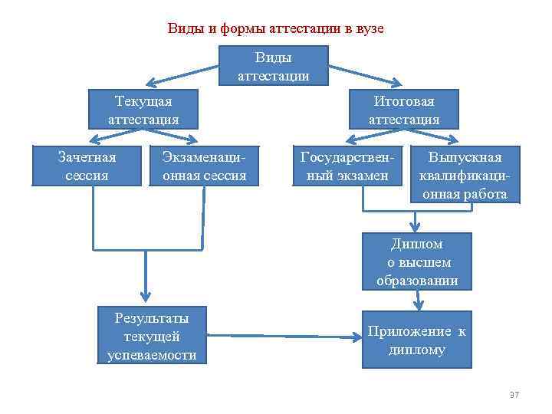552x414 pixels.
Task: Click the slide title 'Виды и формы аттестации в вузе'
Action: (x=275, y=29)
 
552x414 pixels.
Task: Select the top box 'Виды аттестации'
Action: (x=274, y=66)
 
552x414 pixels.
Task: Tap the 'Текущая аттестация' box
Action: (x=143, y=110)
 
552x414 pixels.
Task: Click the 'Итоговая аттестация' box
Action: (x=404, y=110)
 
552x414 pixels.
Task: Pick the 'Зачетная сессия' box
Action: (x=87, y=166)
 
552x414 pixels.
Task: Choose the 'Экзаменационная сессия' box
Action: (x=204, y=166)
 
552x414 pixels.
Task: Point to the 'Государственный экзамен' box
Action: (x=347, y=166)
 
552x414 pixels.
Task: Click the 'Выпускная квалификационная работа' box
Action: (x=465, y=176)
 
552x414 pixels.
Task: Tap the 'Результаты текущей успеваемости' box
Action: (x=151, y=336)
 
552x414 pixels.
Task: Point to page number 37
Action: (x=514, y=395)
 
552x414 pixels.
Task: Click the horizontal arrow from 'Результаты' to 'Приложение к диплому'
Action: (x=284, y=335)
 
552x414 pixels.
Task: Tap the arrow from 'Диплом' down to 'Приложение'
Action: (x=418, y=301)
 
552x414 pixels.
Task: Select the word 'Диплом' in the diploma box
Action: (x=417, y=244)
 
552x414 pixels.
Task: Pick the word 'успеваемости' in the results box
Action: (x=151, y=355)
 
